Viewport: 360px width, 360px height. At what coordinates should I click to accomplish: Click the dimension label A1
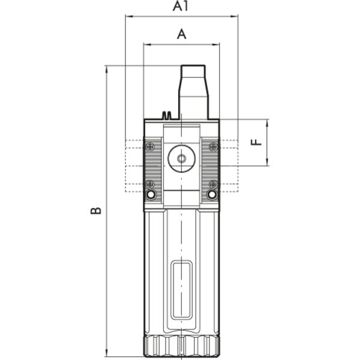coord(180,6)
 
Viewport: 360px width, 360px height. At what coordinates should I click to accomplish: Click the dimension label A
coord(182,34)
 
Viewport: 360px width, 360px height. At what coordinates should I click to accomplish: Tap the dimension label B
coord(96,211)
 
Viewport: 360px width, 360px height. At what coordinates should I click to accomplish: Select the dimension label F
coord(256,142)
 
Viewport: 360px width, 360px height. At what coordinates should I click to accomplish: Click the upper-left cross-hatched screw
coord(150,146)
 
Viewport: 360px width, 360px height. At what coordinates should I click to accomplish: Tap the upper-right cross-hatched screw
coord(213,146)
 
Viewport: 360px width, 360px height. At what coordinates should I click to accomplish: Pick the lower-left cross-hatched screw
coord(150,184)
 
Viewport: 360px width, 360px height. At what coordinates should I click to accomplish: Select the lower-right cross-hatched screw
coord(213,184)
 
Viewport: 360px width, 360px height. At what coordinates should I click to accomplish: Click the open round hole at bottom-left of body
coord(151,194)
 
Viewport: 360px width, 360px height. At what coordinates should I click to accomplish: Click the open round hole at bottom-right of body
coord(212,194)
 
